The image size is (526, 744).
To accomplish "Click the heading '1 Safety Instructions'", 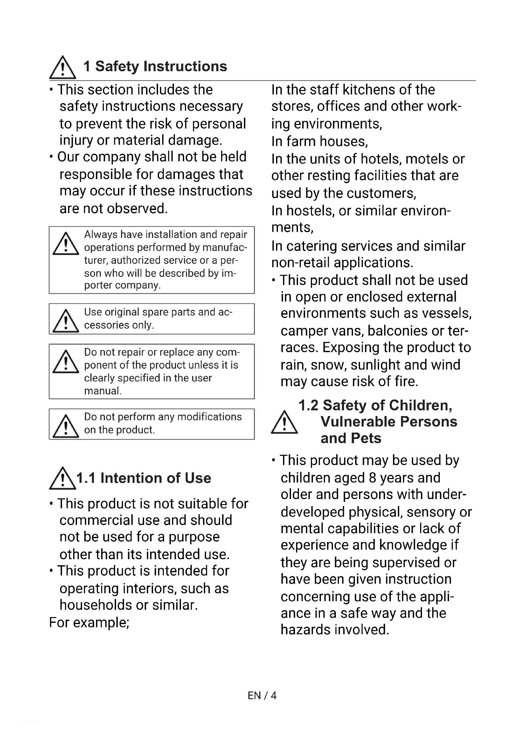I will (155, 66).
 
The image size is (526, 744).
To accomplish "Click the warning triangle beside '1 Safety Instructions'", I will (63, 68).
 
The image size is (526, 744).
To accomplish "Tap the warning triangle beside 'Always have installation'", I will (66, 244).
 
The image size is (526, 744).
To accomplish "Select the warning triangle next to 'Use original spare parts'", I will (66, 321).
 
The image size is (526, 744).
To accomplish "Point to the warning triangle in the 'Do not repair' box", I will (66, 362).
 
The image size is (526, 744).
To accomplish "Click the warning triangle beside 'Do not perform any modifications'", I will (66, 427).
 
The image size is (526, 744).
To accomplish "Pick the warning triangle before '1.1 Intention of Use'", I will (62, 479).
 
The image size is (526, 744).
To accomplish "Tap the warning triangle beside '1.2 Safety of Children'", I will (284, 422).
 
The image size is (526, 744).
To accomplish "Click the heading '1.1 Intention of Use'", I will (143, 478).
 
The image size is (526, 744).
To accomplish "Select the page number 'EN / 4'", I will (262, 695).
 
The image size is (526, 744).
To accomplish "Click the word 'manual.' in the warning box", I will (103, 391).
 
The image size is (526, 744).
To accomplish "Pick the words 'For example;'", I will (89, 622).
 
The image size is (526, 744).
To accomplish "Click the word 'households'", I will (95, 605).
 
